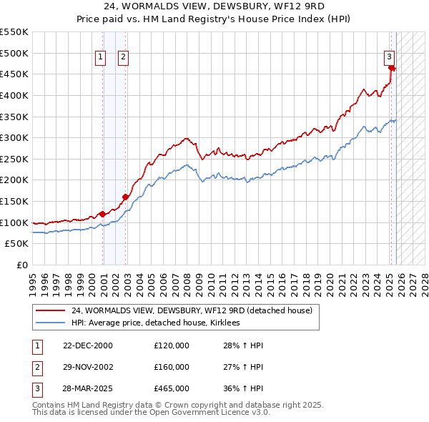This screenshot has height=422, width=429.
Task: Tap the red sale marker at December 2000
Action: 102,213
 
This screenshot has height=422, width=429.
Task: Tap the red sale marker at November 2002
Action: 125,197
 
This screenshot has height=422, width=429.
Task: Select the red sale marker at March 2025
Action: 392,68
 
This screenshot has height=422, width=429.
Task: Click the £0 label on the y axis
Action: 22,265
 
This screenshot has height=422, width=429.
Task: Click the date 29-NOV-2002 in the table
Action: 87,367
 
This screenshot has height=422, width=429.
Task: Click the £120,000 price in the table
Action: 172,345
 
